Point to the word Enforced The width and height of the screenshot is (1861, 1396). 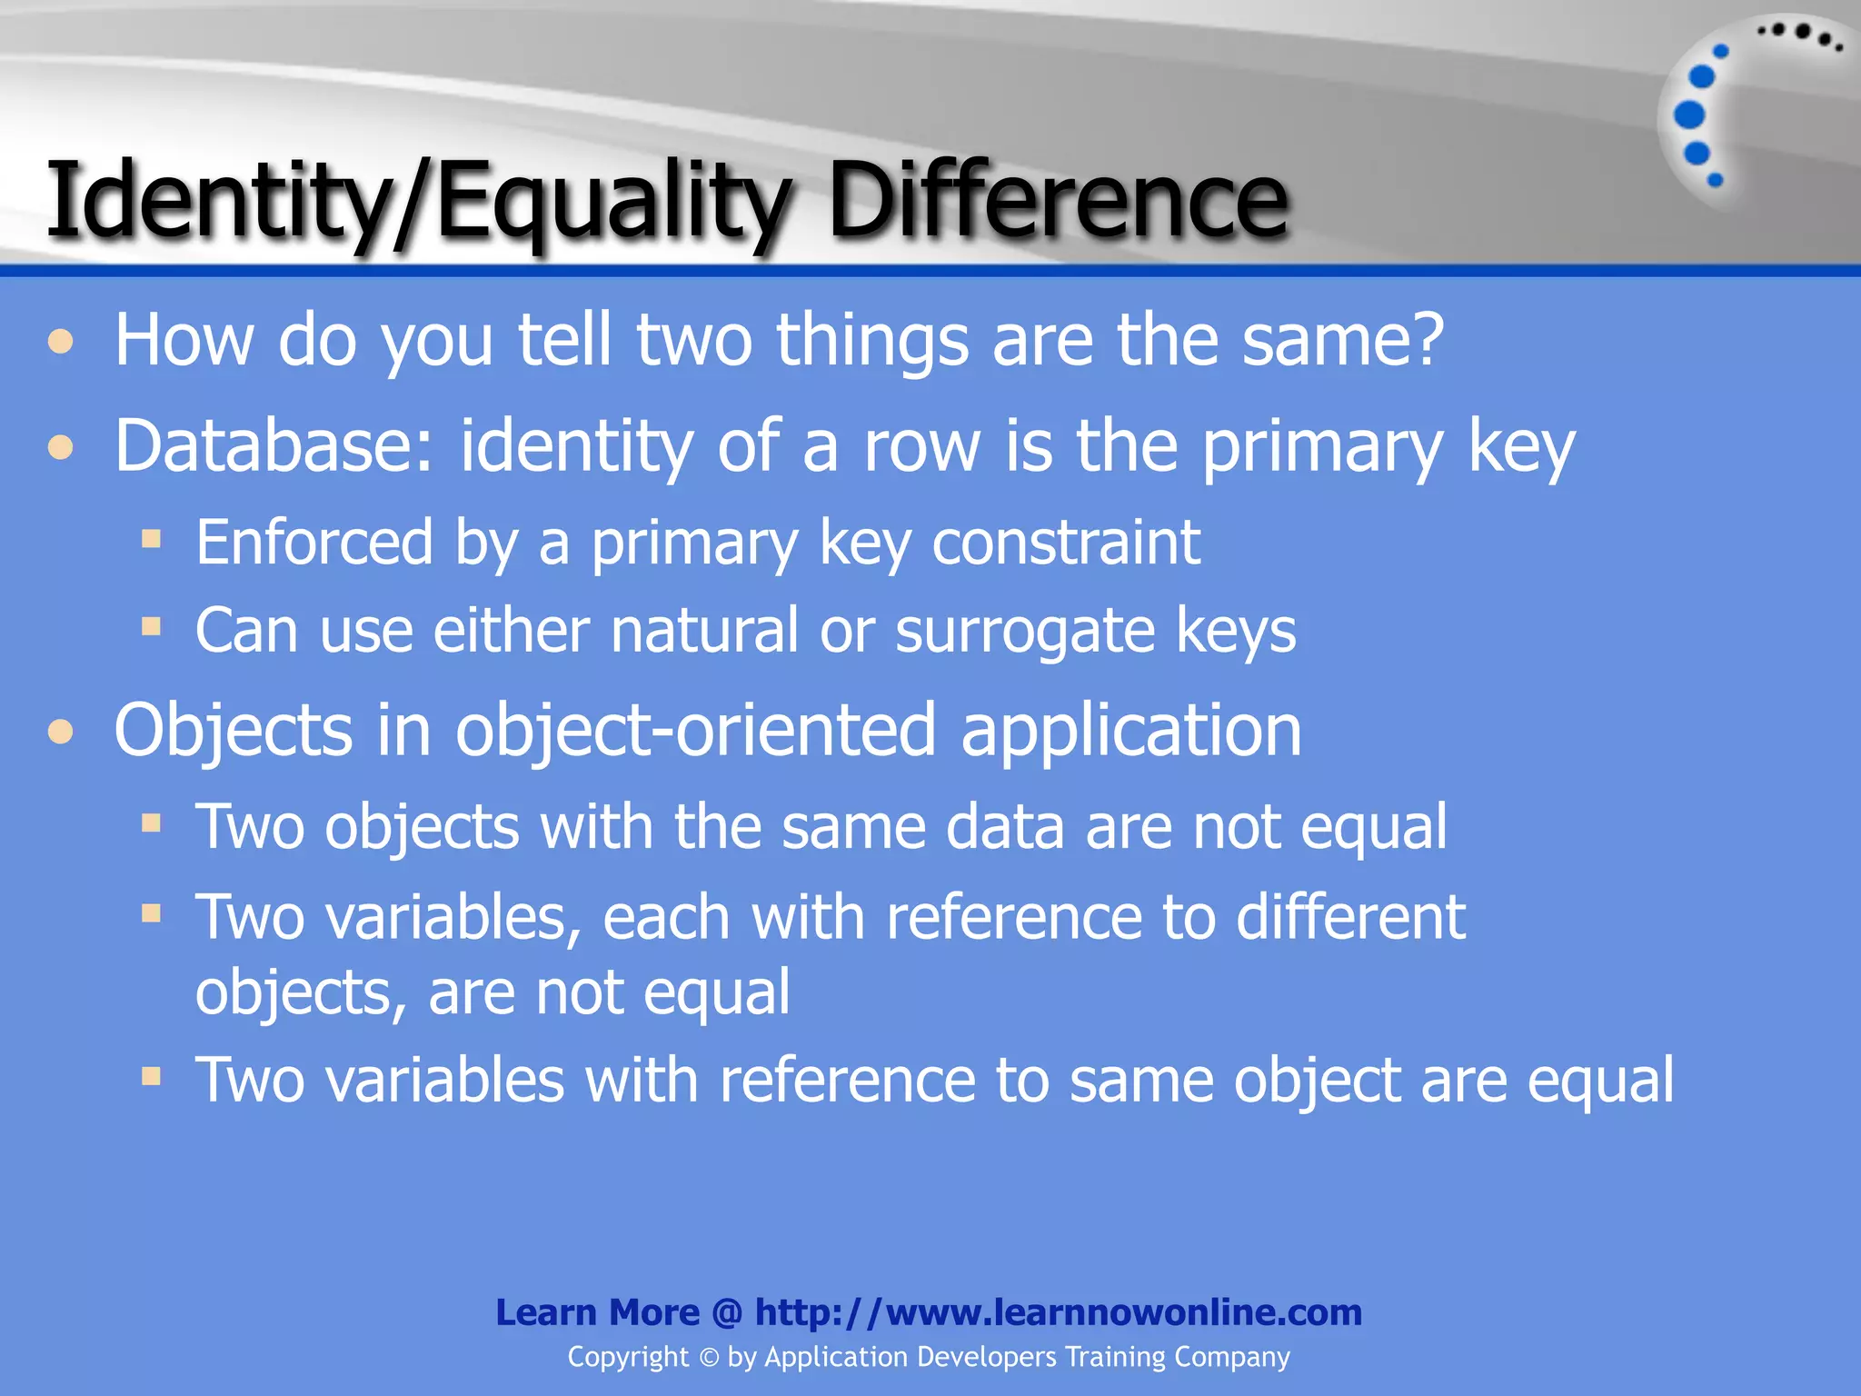pos(314,543)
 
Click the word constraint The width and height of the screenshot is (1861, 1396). pos(1066,543)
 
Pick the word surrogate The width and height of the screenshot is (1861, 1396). pos(1024,632)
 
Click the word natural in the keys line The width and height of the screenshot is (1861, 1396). pos(704,630)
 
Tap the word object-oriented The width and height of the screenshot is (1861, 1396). pos(695,731)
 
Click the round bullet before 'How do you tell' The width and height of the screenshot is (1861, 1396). pos(61,343)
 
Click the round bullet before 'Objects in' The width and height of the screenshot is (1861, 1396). pos(61,733)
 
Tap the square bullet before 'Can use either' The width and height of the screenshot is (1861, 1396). pos(151,626)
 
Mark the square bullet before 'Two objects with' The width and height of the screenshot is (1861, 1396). pos(151,823)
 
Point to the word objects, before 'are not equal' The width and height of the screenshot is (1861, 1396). pos(300,993)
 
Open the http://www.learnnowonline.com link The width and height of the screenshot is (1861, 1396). pos(1059,1312)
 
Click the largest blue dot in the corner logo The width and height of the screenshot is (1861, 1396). pos(1689,115)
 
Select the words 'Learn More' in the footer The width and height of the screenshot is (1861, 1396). pos(597,1312)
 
